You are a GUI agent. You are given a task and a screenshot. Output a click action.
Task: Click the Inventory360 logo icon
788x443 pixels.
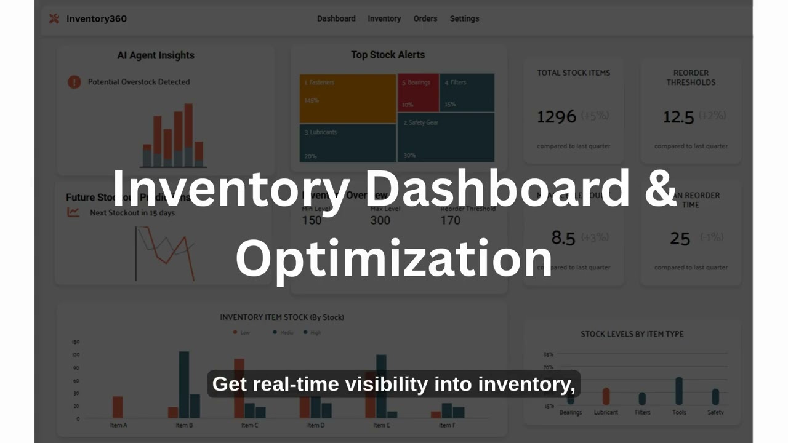point(54,18)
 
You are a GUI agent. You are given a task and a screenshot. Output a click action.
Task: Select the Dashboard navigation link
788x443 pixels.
point(336,18)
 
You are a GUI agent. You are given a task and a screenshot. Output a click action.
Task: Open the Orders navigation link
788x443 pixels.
point(425,18)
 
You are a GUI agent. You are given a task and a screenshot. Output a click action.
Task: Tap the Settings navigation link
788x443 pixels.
point(464,18)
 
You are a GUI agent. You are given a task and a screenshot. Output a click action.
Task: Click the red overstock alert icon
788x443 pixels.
point(74,82)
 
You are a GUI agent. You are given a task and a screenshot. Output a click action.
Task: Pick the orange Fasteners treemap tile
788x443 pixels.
point(348,98)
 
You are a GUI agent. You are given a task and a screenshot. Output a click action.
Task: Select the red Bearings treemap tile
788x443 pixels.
point(418,93)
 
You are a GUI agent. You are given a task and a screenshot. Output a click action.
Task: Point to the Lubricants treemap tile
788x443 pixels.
point(348,143)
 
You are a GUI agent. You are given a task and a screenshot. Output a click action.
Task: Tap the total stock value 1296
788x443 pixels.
point(557,116)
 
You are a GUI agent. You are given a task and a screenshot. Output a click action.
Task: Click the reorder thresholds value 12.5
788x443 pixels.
point(678,117)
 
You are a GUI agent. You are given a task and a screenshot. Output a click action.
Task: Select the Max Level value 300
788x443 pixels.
point(380,220)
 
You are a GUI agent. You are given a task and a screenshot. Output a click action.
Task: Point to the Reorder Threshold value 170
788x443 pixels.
point(451,220)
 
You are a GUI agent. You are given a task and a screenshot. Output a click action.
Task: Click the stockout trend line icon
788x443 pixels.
point(73,212)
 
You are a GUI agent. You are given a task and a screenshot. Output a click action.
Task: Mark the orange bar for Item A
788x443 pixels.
point(118,407)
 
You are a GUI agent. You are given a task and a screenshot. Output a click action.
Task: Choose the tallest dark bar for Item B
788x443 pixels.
point(183,385)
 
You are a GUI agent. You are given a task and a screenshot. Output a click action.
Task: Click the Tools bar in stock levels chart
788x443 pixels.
point(679,391)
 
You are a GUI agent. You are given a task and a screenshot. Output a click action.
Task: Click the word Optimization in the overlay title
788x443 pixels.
point(393,258)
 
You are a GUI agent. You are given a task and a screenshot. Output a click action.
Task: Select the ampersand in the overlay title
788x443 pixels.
point(661,188)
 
